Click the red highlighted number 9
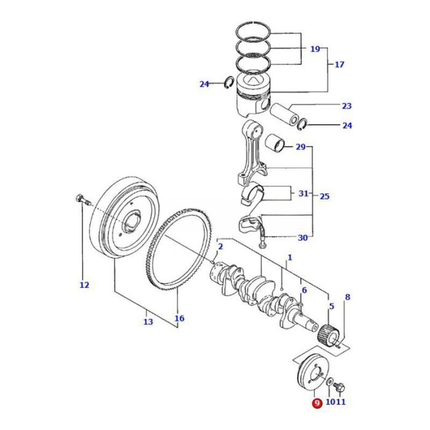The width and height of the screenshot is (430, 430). [x=316, y=403]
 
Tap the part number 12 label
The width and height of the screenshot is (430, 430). [x=84, y=285]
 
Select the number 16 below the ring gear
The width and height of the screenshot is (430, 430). [x=179, y=319]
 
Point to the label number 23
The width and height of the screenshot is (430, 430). [x=347, y=106]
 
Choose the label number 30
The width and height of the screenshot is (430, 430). [x=302, y=238]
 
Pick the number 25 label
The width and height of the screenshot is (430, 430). [x=325, y=197]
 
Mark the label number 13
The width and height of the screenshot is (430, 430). [x=148, y=322]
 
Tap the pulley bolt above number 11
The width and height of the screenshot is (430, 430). [x=342, y=387]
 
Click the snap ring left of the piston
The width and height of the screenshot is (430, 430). [x=227, y=83]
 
